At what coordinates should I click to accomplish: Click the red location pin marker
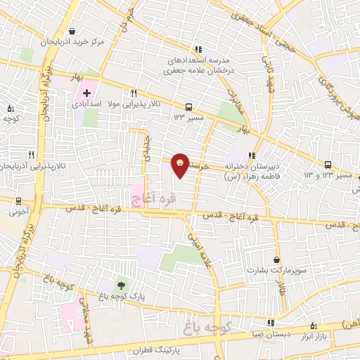click(181, 165)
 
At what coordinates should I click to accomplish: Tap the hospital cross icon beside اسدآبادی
click(86, 92)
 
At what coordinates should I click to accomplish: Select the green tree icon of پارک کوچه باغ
click(122, 285)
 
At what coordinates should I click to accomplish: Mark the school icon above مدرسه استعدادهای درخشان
click(199, 49)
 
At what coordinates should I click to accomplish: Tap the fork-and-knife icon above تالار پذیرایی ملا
click(134, 93)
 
